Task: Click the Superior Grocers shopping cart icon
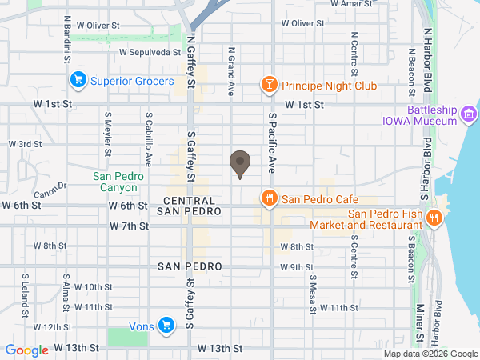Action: (78, 80)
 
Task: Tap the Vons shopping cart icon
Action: (166, 325)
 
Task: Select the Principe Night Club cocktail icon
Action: (270, 84)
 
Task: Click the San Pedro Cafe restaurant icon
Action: (270, 198)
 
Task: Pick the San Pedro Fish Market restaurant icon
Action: (434, 218)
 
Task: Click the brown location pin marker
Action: (239, 164)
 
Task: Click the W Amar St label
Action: (353, 3)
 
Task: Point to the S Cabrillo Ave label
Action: (148, 131)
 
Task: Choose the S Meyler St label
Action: (107, 131)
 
